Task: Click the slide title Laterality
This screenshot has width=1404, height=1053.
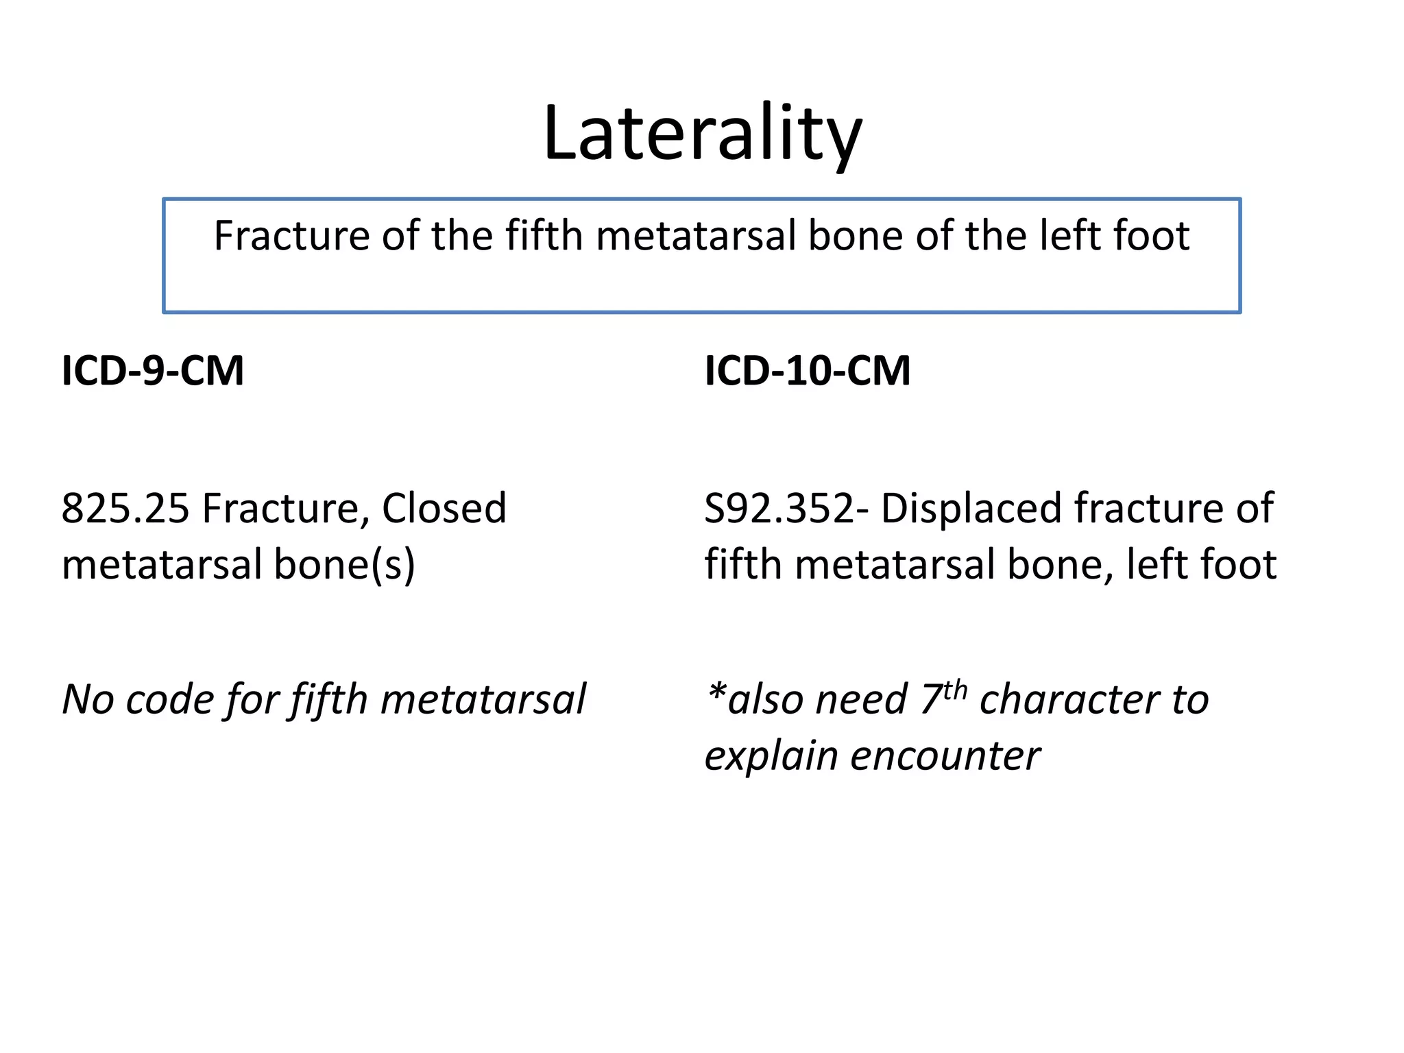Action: [702, 134]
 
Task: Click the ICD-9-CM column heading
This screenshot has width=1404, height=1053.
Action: [153, 371]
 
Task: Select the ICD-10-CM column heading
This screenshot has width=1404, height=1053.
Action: [807, 371]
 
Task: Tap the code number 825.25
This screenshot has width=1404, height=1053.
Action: [125, 509]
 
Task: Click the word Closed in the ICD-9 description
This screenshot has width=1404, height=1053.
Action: [444, 509]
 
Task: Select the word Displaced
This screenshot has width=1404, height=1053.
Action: [971, 509]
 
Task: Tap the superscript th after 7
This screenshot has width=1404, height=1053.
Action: [955, 689]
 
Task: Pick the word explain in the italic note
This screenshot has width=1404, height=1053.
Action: [771, 757]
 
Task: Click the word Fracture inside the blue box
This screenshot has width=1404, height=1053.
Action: [292, 236]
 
